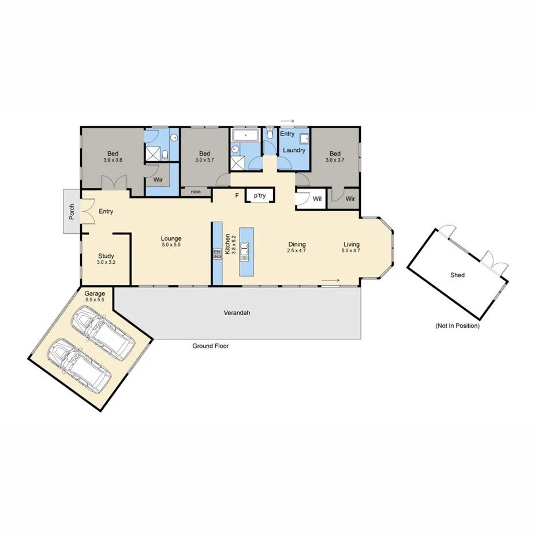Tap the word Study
(106, 256)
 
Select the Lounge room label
(171, 238)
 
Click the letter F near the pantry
(237, 196)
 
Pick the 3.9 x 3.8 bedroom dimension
(113, 160)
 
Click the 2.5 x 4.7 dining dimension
(297, 251)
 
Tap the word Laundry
(294, 150)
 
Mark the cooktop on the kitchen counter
(218, 253)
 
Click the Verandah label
(237, 313)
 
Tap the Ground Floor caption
(211, 346)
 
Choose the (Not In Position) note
(457, 326)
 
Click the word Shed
(457, 275)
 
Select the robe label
(196, 191)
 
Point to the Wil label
(317, 199)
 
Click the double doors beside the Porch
(86, 211)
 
